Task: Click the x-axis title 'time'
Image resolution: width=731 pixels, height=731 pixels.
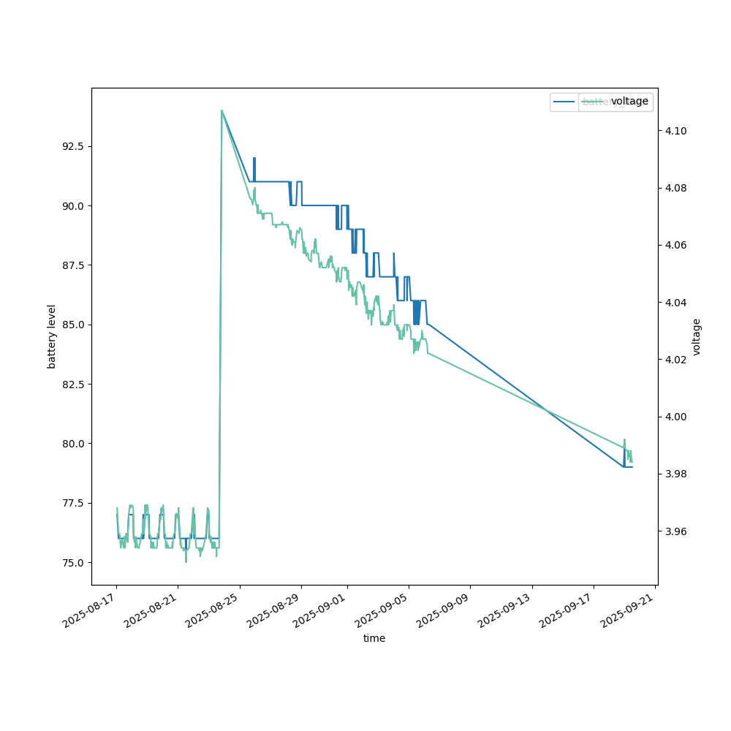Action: (374, 638)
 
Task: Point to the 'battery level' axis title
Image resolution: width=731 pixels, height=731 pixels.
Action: (52, 336)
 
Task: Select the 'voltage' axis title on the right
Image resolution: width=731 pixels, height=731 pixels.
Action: (697, 336)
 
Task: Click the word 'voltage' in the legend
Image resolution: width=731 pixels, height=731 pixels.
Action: (629, 102)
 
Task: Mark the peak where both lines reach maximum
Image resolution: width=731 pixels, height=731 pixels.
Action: (221, 110)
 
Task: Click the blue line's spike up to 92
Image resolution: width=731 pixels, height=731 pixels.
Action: (254, 159)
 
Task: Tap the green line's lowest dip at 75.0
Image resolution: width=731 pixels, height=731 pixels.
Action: (186, 561)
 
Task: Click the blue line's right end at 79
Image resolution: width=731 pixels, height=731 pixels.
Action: (632, 467)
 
